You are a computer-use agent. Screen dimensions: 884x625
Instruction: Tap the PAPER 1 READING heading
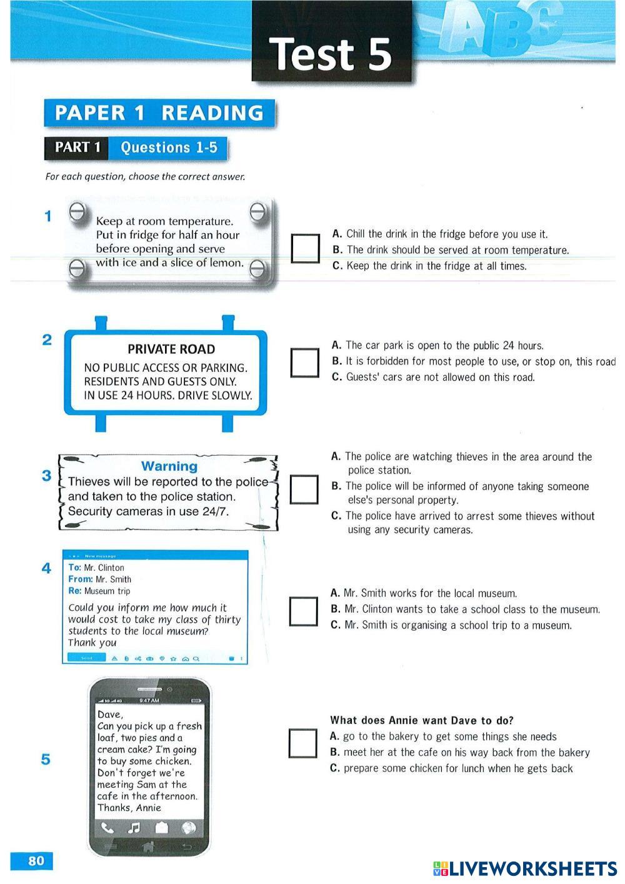click(159, 113)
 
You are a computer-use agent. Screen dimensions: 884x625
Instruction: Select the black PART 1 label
click(77, 148)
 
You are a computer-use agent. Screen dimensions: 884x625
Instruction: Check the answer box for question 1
click(305, 248)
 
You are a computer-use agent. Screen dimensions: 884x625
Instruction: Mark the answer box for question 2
click(305, 362)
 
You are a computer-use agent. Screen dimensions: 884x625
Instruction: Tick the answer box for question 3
click(304, 490)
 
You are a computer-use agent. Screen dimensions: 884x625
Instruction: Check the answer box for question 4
click(303, 611)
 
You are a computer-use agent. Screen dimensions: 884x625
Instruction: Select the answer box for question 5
click(302, 743)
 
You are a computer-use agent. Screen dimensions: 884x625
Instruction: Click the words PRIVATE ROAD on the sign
click(171, 349)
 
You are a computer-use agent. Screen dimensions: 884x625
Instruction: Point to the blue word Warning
click(169, 466)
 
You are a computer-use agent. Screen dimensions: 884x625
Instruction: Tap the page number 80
click(36, 861)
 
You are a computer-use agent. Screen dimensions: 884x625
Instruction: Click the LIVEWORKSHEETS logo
click(524, 868)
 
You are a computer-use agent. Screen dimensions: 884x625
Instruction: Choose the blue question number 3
click(47, 475)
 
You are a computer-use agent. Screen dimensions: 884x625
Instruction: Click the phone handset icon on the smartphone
click(108, 828)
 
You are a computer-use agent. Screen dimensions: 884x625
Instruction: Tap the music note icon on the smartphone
click(134, 828)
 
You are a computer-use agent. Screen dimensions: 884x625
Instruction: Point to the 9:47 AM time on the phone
click(149, 700)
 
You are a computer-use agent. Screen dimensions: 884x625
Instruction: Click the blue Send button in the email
click(86, 658)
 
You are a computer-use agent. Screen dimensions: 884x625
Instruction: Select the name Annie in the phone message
click(148, 808)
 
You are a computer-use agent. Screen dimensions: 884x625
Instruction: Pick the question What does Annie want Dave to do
click(422, 720)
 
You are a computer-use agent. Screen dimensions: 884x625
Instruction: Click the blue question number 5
click(46, 760)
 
